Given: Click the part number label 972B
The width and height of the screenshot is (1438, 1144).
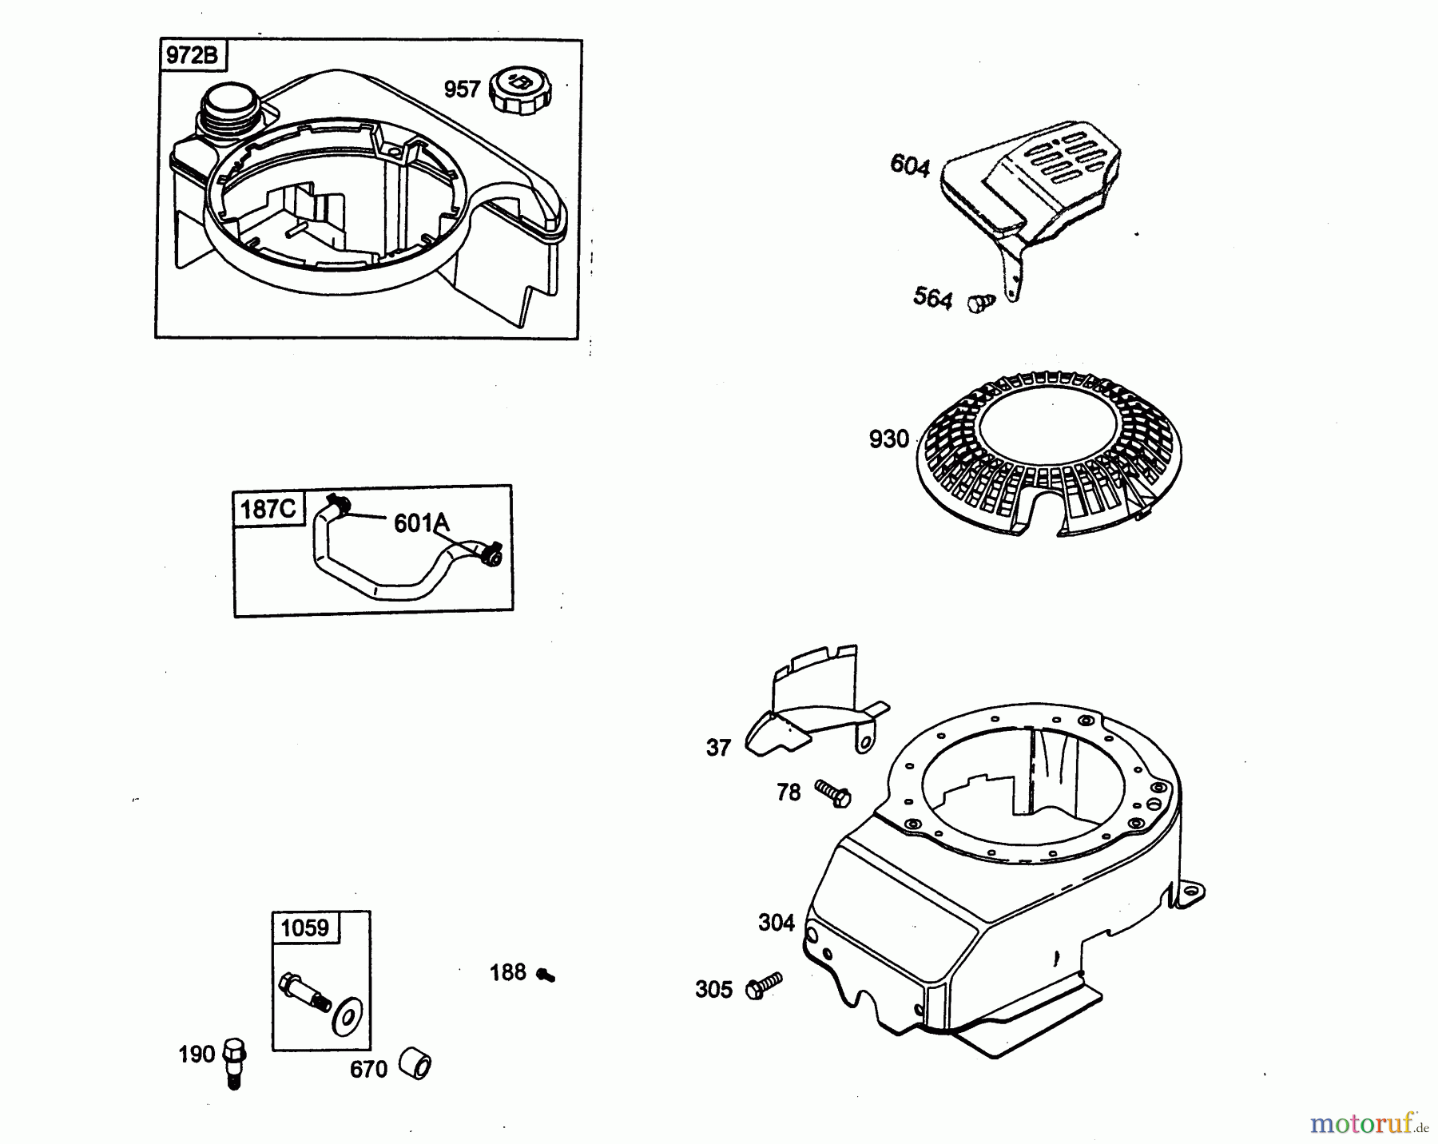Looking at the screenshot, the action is pos(191,57).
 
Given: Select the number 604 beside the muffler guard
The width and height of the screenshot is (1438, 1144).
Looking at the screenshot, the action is pos(910,166).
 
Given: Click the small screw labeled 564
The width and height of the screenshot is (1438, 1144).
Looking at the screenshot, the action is pos(981,303).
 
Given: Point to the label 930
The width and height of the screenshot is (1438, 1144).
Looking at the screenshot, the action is pos(889,439).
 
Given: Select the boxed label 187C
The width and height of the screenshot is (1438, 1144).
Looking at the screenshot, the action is pos(268,509).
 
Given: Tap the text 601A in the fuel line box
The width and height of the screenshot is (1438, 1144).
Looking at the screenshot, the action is pos(421,523).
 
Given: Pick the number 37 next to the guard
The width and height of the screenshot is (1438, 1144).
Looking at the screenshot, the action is pos(718,748).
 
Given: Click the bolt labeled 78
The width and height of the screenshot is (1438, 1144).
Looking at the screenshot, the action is pos(832,793).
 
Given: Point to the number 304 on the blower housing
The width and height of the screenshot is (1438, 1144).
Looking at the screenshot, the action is pos(777,923).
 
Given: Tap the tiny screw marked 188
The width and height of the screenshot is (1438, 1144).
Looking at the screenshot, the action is pos(546,975).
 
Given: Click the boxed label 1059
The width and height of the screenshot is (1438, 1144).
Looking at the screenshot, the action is pos(304,928).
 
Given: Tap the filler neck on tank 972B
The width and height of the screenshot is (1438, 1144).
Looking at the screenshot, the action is pos(231,111).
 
